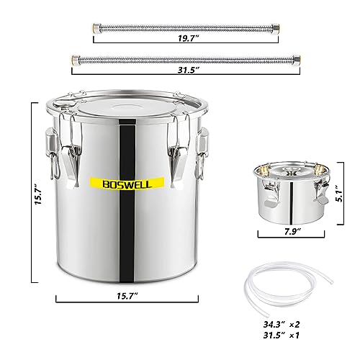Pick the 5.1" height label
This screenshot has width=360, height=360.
342,193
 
